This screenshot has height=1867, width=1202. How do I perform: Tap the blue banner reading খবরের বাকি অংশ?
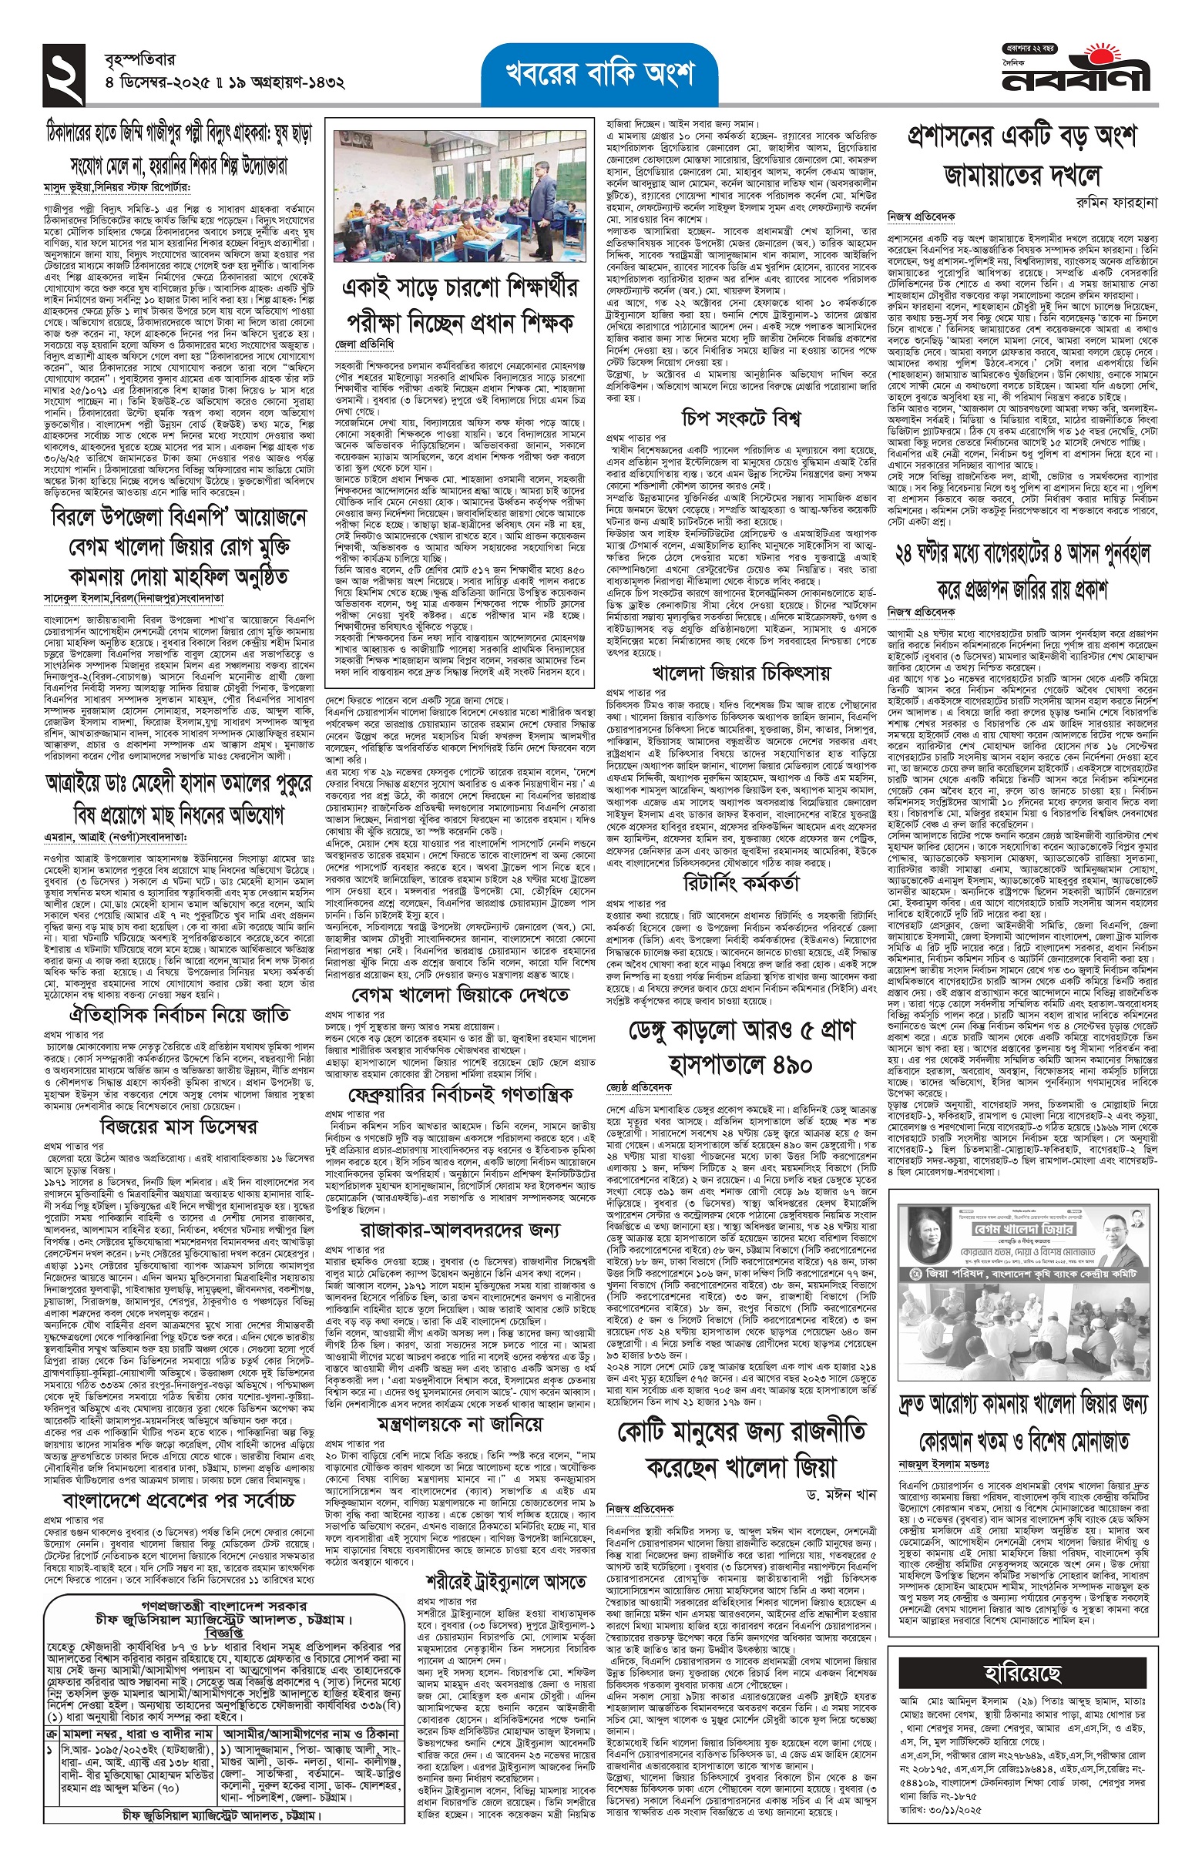pyautogui.click(x=599, y=74)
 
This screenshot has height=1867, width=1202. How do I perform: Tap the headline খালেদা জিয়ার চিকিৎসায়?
pyautogui.click(x=740, y=672)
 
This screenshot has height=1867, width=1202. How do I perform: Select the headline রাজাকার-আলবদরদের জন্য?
pyautogui.click(x=460, y=1230)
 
